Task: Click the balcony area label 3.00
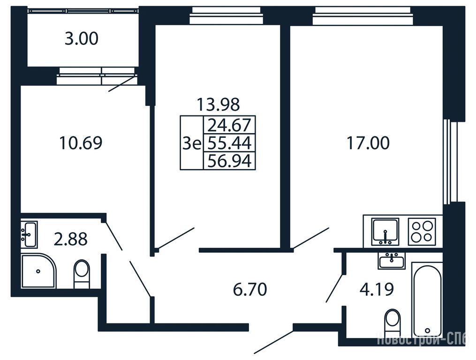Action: [81, 39]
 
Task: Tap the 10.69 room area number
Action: [81, 143]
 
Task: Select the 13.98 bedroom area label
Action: [218, 104]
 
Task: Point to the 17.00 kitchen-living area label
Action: [368, 143]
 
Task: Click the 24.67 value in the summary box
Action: [229, 125]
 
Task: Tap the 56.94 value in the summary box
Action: [229, 161]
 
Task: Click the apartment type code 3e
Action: [192, 143]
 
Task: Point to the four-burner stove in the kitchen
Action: [422, 231]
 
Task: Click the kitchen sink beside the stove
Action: [385, 231]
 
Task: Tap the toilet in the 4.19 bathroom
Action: [392, 322]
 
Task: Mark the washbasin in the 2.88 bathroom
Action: [29, 234]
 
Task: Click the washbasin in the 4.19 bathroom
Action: [392, 261]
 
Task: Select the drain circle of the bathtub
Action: [428, 330]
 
